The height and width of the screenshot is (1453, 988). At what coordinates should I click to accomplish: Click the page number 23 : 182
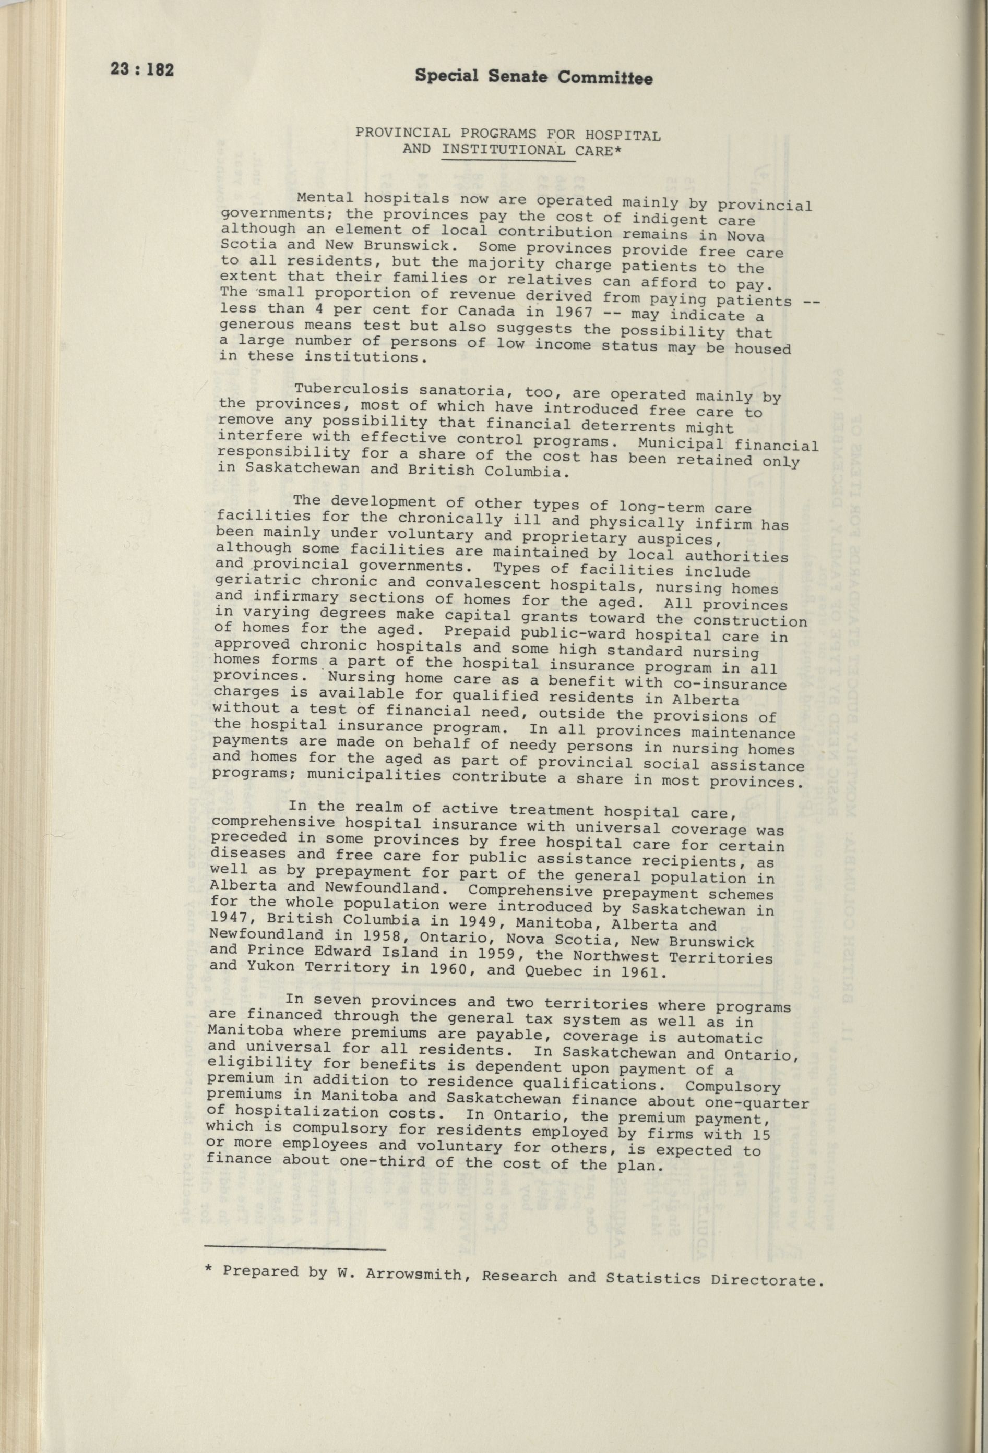click(142, 69)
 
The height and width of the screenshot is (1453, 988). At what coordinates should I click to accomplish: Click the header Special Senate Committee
click(524, 77)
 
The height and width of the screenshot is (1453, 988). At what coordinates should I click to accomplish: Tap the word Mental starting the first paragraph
click(326, 198)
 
